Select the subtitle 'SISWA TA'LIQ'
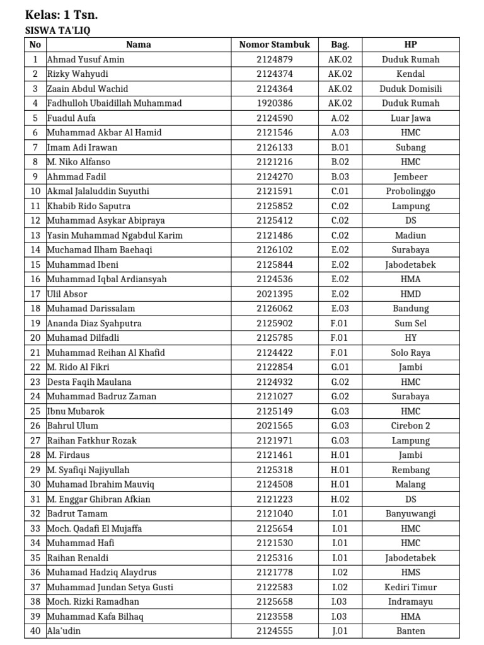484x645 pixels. [x=61, y=30]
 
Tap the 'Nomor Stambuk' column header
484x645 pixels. [x=274, y=45]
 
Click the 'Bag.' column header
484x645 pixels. [x=340, y=45]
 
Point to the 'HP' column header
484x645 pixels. [x=410, y=45]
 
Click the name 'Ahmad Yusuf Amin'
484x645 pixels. [x=86, y=59]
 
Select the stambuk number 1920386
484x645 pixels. [x=274, y=103]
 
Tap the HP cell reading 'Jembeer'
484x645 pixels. [x=410, y=176]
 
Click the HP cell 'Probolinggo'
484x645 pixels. [x=410, y=191]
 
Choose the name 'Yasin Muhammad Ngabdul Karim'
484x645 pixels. [x=115, y=235]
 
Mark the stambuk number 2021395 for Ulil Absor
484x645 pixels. [x=274, y=294]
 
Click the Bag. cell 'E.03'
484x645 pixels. [x=340, y=309]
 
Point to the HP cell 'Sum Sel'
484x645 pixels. [x=410, y=323]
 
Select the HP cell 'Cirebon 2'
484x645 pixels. [x=410, y=426]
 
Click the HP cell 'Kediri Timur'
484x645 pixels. [x=410, y=587]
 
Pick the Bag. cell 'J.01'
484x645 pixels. [x=340, y=631]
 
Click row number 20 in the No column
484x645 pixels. [x=35, y=338]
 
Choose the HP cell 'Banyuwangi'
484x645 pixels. [x=410, y=513]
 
